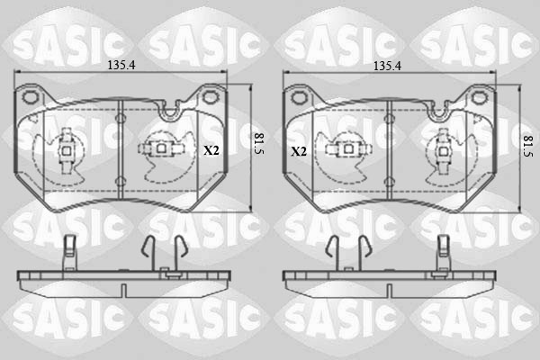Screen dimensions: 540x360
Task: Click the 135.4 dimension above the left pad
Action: pos(121,65)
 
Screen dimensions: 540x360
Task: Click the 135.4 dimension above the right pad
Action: pos(387,66)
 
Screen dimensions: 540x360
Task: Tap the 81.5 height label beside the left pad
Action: pos(259,144)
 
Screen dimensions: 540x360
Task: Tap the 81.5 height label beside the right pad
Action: pos(528,146)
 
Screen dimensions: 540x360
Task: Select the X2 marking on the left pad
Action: pos(211,150)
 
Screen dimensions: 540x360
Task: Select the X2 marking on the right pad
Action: pos(299,151)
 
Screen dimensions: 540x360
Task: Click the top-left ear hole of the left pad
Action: pos(30,97)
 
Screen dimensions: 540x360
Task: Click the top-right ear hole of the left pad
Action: pos(210,97)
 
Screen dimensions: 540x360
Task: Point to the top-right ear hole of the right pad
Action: pos(479,98)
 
